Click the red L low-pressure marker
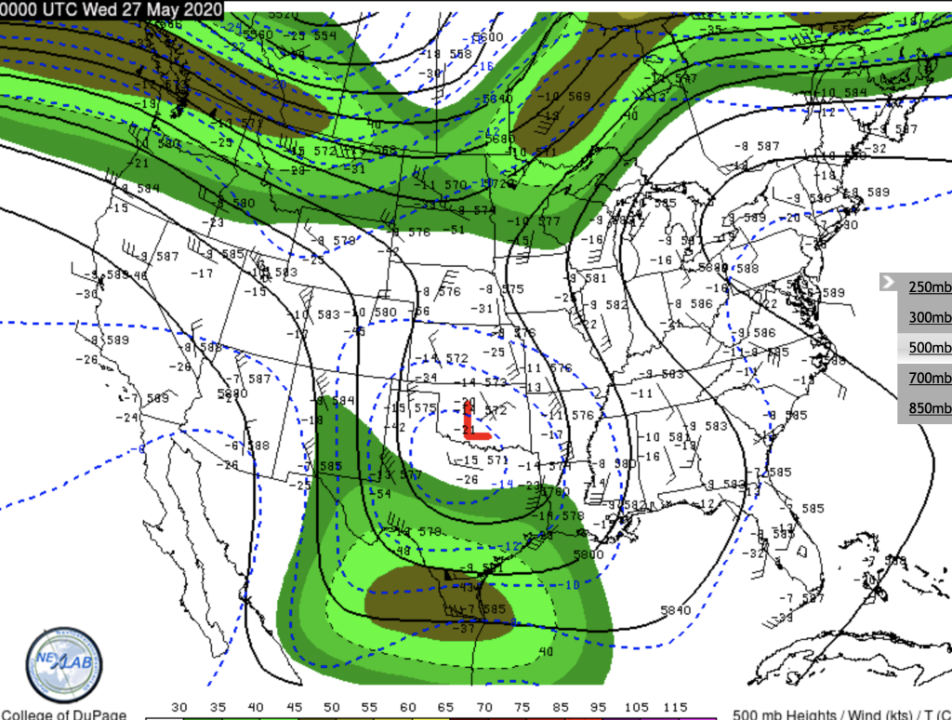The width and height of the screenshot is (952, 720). click(x=475, y=423)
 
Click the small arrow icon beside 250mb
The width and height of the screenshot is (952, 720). click(x=889, y=283)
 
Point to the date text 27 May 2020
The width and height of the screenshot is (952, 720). click(x=173, y=9)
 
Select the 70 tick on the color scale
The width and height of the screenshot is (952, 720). click(x=484, y=708)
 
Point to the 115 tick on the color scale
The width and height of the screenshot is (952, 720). click(x=676, y=708)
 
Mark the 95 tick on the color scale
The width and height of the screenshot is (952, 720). click(x=600, y=708)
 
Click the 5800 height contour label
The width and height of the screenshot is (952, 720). click(x=587, y=553)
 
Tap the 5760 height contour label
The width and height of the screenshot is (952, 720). click(x=555, y=491)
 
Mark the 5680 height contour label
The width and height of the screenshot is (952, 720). click(x=499, y=139)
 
